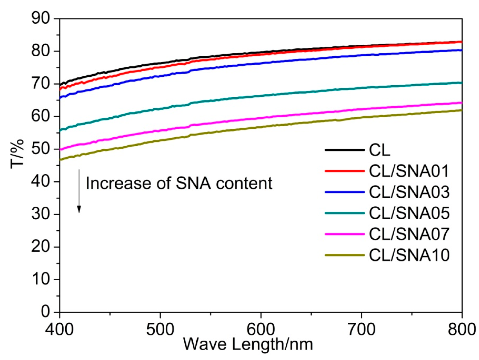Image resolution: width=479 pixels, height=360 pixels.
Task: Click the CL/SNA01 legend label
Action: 409,171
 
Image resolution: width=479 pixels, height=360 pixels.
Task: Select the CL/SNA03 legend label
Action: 409,192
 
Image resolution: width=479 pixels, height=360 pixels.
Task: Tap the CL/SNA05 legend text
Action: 409,213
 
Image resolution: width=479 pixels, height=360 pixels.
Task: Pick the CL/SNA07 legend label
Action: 409,234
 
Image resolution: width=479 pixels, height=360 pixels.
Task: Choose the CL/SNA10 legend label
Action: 409,255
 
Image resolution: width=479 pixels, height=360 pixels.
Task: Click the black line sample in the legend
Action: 344,150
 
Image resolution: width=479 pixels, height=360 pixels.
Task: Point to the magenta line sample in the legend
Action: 344,234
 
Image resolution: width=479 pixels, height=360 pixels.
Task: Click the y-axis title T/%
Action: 18,154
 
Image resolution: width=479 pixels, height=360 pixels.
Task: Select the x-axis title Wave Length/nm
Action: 248,344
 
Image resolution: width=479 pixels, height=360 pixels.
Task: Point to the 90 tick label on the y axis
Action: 40,18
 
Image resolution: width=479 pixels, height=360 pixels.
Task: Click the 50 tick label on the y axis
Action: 40,149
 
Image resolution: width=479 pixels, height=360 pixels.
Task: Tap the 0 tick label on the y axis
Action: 45,312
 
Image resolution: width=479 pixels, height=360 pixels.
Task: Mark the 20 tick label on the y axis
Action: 40,247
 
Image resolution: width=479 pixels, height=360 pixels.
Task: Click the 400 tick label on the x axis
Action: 59,329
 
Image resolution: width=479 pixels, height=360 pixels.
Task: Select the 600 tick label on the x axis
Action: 261,329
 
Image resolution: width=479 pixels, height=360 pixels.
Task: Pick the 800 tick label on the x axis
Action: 461,329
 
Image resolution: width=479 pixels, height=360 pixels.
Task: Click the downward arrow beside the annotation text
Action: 79,191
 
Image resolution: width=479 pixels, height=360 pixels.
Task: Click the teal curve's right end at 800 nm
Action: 461,83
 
